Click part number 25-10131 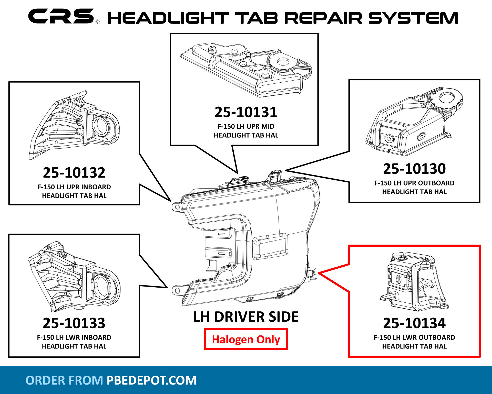pos(246,112)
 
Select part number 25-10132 pos(74,172)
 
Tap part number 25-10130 pos(414,169)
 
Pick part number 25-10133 pos(74,323)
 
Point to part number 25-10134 pos(414,323)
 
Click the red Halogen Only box pos(246,339)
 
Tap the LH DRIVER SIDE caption pos(246,317)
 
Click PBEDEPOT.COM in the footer pos(151,380)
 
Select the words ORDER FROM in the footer pos(64,380)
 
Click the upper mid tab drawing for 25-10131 pos(246,70)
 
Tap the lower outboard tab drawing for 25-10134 pos(414,281)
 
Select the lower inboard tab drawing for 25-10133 pos(74,276)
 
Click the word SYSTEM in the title pos(413,18)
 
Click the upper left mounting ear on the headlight pos(177,206)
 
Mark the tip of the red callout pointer pos(319,273)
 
